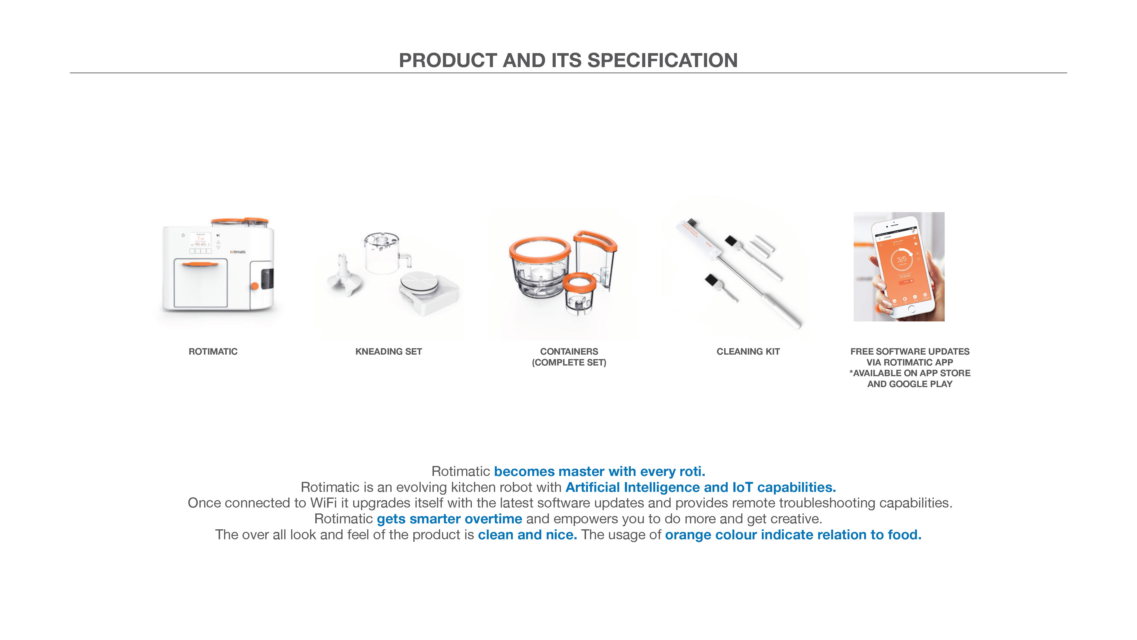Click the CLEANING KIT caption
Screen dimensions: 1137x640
coord(748,352)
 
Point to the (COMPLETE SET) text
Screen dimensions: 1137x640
coord(569,363)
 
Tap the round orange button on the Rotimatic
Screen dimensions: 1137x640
coord(255,286)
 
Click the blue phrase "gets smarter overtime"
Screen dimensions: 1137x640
coord(449,519)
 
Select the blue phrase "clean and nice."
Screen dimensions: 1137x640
coord(528,535)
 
